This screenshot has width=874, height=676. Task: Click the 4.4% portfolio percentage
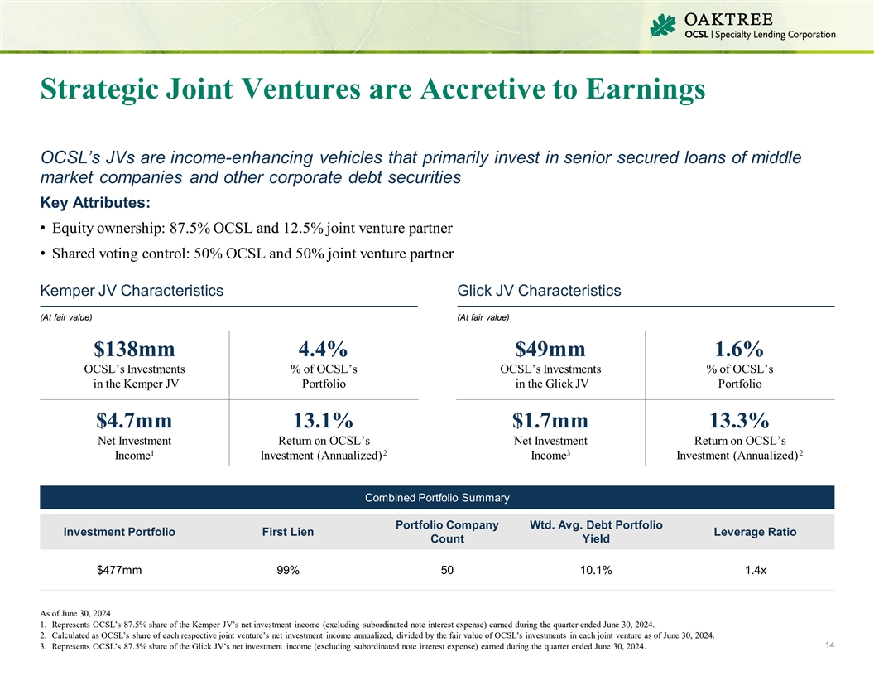click(x=324, y=349)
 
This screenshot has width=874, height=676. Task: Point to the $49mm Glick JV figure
click(x=550, y=349)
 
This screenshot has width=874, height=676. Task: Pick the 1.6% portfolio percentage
click(x=740, y=349)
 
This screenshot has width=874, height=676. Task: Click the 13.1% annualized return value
click(x=324, y=420)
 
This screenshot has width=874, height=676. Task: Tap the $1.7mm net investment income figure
click(x=550, y=420)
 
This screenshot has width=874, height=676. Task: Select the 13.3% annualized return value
click(x=740, y=420)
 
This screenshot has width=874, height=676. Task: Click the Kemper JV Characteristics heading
click(x=132, y=291)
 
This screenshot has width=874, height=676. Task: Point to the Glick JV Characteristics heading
click(x=539, y=291)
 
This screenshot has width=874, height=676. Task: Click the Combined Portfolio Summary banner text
click(x=437, y=498)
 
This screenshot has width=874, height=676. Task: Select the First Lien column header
click(x=287, y=532)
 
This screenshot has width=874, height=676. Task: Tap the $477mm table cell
click(x=119, y=570)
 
